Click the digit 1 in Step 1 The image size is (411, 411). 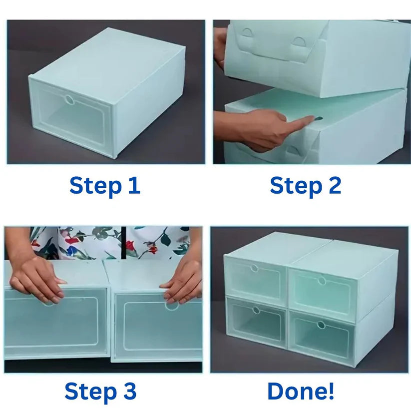click(x=134, y=185)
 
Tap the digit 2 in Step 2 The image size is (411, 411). click(x=335, y=185)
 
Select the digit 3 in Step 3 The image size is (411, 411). click(x=130, y=391)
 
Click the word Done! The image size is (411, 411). click(x=301, y=391)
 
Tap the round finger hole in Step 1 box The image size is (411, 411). click(x=70, y=99)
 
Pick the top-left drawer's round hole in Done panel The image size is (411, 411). click(x=254, y=268)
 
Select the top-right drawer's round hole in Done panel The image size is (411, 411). click(x=322, y=281)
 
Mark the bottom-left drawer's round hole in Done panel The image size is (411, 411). click(x=256, y=311)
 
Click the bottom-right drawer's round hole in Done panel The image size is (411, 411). click(x=321, y=325)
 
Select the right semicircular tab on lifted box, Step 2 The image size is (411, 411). click(x=299, y=41)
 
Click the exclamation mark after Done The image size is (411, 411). click(x=331, y=391)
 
